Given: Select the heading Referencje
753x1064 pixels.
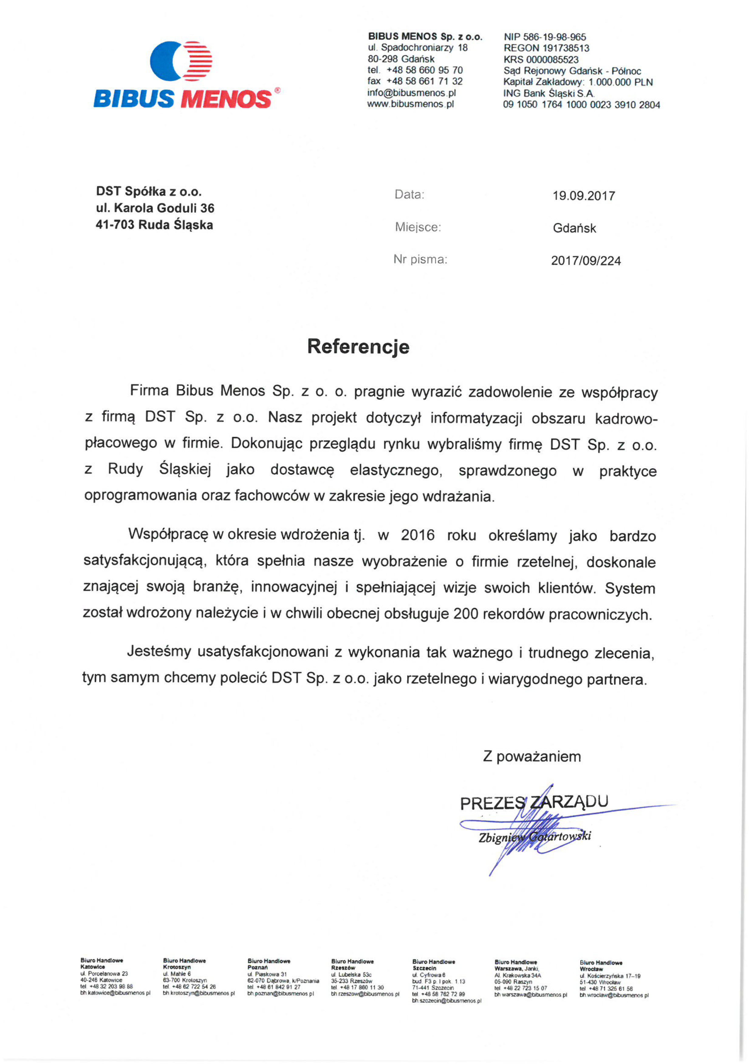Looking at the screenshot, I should tap(358, 347).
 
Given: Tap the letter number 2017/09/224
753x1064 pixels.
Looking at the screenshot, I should tap(586, 261).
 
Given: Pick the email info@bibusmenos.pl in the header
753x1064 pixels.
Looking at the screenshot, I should tap(411, 93).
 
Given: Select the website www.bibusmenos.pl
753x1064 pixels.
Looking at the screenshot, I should tap(410, 104).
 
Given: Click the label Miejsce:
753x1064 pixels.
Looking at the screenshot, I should tap(418, 227).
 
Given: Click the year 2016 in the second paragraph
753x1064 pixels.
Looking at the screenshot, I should tap(417, 535).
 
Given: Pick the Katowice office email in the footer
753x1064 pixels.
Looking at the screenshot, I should tap(115, 993).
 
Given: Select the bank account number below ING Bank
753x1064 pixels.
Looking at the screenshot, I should tap(581, 105).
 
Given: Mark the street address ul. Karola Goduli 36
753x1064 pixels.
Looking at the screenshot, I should tap(155, 208).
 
